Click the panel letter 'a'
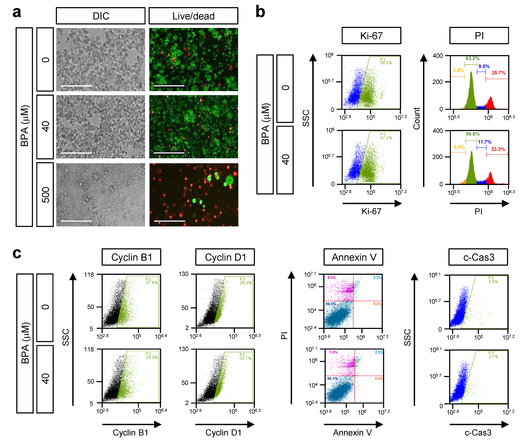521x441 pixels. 17,12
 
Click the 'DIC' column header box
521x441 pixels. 101,16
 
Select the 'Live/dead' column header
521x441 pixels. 193,16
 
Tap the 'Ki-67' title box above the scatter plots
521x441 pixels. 371,35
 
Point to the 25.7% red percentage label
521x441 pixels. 499,73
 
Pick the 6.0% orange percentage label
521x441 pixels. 459,147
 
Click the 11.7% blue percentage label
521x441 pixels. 484,142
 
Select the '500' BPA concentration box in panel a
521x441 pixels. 45,195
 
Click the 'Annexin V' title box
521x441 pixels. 353,257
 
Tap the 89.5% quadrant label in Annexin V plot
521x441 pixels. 331,304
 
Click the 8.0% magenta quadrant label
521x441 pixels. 331,277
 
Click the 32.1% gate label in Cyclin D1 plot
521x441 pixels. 245,358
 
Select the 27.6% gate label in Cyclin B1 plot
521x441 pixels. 152,282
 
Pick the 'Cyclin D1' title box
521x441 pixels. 225,257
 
